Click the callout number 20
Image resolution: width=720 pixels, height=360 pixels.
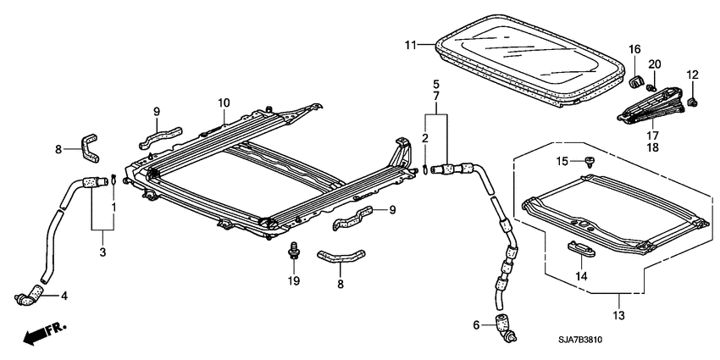pyautogui.click(x=655, y=65)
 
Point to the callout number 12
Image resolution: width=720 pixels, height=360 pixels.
pyautogui.click(x=692, y=75)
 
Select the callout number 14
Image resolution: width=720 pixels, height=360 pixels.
pyautogui.click(x=581, y=275)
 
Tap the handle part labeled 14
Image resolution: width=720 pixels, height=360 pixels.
pyautogui.click(x=581, y=249)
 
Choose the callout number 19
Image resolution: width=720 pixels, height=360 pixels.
pyautogui.click(x=295, y=280)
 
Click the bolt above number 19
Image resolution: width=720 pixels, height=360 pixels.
pyautogui.click(x=295, y=250)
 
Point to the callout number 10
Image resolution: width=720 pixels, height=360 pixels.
pyautogui.click(x=223, y=103)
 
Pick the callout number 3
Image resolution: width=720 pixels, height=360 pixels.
pyautogui.click(x=102, y=253)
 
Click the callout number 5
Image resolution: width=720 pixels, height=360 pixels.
pyautogui.click(x=436, y=85)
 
